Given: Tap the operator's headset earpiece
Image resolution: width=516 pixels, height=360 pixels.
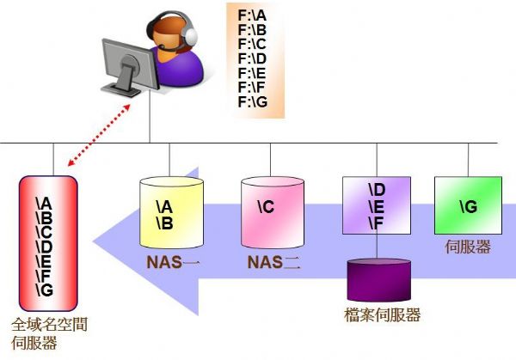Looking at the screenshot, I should [190, 34].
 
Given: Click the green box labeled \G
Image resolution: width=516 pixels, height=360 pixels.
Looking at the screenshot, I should [468, 206].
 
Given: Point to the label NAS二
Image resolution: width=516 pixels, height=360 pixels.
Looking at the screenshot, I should [273, 262].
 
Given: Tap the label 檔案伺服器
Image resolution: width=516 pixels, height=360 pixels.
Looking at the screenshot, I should [382, 315].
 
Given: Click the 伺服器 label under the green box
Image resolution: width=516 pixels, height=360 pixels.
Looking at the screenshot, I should [468, 247].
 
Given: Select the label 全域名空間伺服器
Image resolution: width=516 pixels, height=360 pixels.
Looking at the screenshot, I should [49, 333].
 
